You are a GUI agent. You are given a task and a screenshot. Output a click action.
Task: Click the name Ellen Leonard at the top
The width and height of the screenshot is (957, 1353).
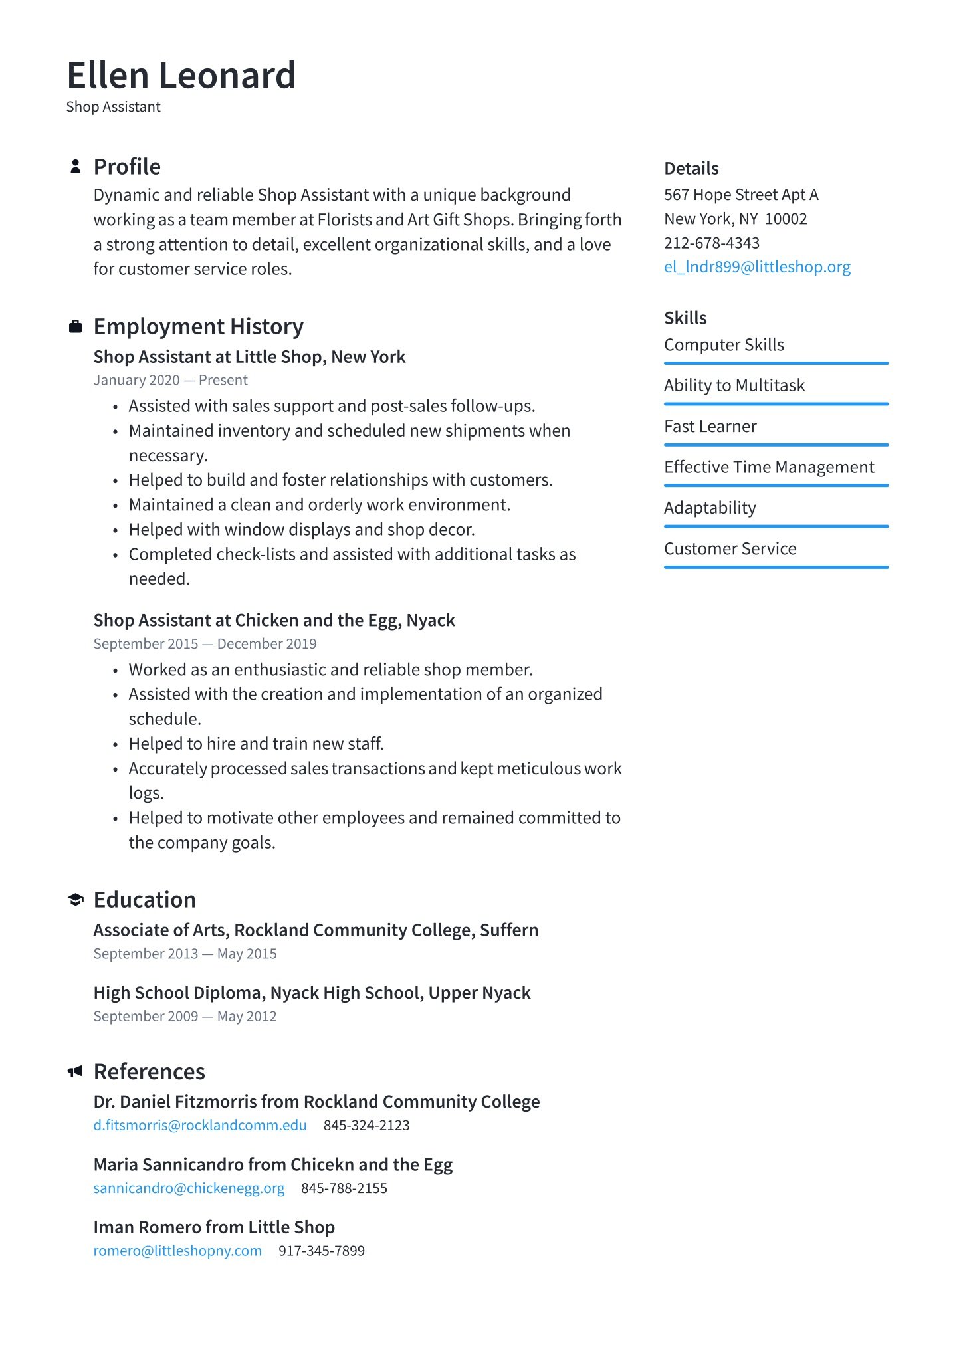pos(181,76)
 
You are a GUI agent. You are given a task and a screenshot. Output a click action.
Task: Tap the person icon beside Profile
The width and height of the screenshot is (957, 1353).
pos(76,166)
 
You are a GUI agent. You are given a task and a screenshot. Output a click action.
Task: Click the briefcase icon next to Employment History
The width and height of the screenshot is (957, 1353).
pos(76,326)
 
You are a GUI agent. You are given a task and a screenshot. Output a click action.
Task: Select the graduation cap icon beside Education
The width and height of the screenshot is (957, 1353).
pos(76,900)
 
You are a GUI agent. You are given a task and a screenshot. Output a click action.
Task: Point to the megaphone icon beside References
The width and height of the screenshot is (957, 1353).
pos(75,1071)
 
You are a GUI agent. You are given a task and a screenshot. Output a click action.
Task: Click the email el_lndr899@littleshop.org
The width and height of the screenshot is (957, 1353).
pos(757,267)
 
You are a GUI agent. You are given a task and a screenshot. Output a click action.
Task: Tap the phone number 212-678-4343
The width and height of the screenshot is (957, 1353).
pos(712,243)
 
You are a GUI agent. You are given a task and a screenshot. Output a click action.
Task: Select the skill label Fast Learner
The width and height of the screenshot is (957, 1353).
pos(710,427)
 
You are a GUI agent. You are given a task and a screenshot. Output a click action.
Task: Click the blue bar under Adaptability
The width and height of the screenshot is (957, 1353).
pos(776,526)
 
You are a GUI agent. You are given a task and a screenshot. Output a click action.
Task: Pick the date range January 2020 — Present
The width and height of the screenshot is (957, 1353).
pos(170,380)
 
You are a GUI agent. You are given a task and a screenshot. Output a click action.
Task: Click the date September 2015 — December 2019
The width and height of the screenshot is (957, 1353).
pos(205,644)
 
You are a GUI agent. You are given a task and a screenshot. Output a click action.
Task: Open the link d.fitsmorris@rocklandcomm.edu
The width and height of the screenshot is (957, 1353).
pos(200,1126)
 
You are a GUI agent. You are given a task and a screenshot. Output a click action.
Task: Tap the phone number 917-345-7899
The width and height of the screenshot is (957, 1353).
pos(322,1251)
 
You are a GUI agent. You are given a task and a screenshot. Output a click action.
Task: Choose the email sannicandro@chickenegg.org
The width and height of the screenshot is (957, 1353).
pos(189,1188)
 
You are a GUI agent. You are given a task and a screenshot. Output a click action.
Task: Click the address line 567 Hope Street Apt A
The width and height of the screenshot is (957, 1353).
pos(741,195)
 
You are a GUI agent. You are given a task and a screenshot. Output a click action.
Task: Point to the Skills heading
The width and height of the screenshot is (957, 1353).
pos(685,318)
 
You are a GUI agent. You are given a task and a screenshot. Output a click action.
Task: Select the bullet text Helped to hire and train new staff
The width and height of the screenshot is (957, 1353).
pos(256,744)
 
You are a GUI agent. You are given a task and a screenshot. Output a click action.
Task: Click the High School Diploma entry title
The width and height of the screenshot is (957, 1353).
pos(312,993)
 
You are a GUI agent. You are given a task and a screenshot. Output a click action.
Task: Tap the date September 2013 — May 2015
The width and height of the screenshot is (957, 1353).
pos(185,954)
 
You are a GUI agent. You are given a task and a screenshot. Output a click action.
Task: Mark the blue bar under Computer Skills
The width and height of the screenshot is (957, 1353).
pos(776,364)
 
